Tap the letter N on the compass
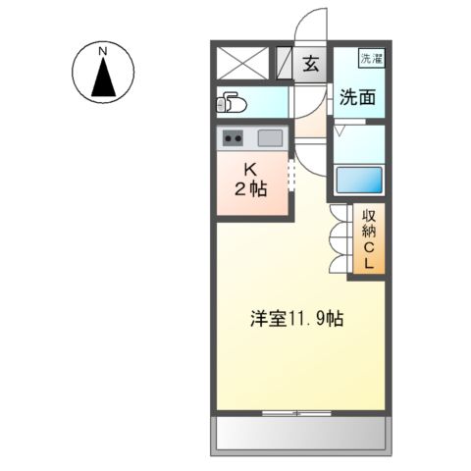pyautogui.click(x=102, y=50)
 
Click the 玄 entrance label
pyautogui.click(x=310, y=66)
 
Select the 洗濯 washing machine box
pyautogui.click(x=370, y=59)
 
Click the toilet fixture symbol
pyautogui.click(x=232, y=102)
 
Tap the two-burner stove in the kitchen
pyautogui.click(x=233, y=137)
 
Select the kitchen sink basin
pyautogui.click(x=270, y=137)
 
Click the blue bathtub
pyautogui.click(x=358, y=180)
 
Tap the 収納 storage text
pyautogui.click(x=370, y=228)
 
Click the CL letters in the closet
pyautogui.click(x=370, y=255)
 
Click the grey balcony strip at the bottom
pyautogui.click(x=300, y=432)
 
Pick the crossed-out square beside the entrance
pyautogui.click(x=240, y=63)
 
